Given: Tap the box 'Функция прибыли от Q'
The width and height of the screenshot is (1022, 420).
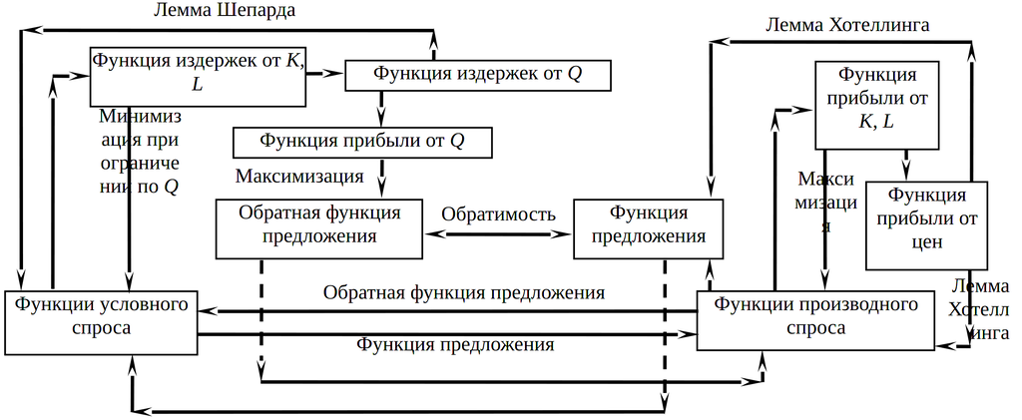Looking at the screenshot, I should coord(362,142).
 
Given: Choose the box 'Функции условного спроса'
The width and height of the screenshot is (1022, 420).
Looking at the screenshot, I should coord(102,321).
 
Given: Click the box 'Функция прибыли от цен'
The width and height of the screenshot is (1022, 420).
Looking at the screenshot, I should coord(927,224).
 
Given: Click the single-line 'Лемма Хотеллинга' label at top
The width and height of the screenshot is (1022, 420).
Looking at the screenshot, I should coord(848,25).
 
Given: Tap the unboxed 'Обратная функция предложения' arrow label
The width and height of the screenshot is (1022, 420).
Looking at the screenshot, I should coord(464,293).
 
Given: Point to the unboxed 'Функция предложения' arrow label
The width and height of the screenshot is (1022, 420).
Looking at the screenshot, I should coord(454,345).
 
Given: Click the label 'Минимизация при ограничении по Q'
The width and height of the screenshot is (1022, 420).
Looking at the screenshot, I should coord(139,151).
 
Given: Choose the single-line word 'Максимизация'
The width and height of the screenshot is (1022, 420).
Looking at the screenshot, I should coord(299,177).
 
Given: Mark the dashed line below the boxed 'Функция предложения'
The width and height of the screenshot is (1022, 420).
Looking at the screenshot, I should coord(664,329).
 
